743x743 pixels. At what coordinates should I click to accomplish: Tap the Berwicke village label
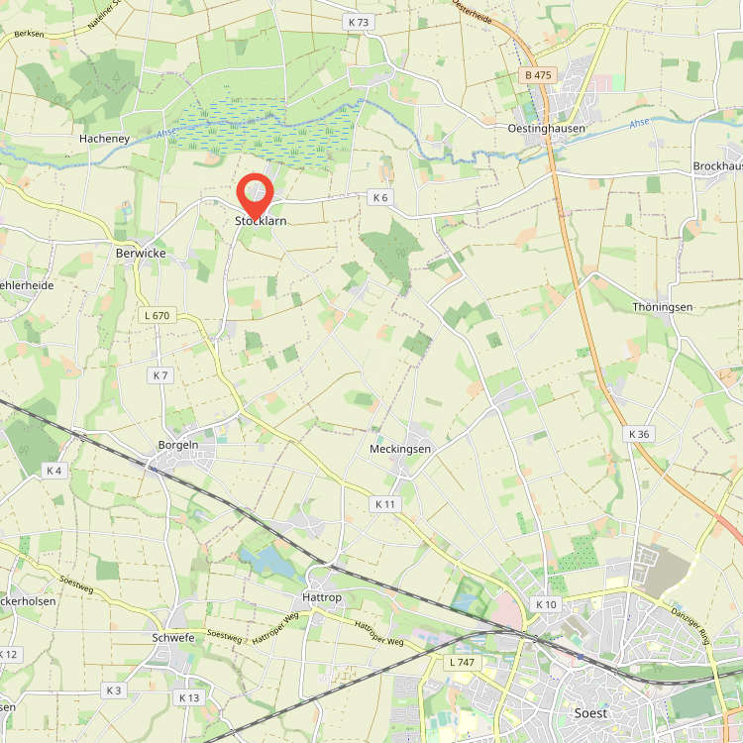pyautogui.click(x=141, y=254)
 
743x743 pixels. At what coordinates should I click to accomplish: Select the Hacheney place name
pyautogui.click(x=104, y=140)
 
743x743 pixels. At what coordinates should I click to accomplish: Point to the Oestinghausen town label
pyautogui.click(x=541, y=129)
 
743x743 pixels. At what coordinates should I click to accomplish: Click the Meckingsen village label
pyautogui.click(x=400, y=449)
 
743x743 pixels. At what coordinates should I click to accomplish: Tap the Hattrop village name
pyautogui.click(x=321, y=598)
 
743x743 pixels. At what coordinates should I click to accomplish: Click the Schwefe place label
pyautogui.click(x=174, y=638)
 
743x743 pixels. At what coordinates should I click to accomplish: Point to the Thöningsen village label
pyautogui.click(x=663, y=307)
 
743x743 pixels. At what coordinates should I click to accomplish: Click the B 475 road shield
pyautogui.click(x=539, y=76)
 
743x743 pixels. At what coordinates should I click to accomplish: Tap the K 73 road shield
pyautogui.click(x=358, y=22)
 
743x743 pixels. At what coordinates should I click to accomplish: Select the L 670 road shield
pyautogui.click(x=157, y=315)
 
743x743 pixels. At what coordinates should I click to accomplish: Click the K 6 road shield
pyautogui.click(x=380, y=197)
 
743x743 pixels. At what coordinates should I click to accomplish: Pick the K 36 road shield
pyautogui.click(x=639, y=434)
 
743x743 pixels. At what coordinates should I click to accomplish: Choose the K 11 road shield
pyautogui.click(x=385, y=504)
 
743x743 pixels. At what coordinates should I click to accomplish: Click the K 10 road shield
pyautogui.click(x=546, y=604)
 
